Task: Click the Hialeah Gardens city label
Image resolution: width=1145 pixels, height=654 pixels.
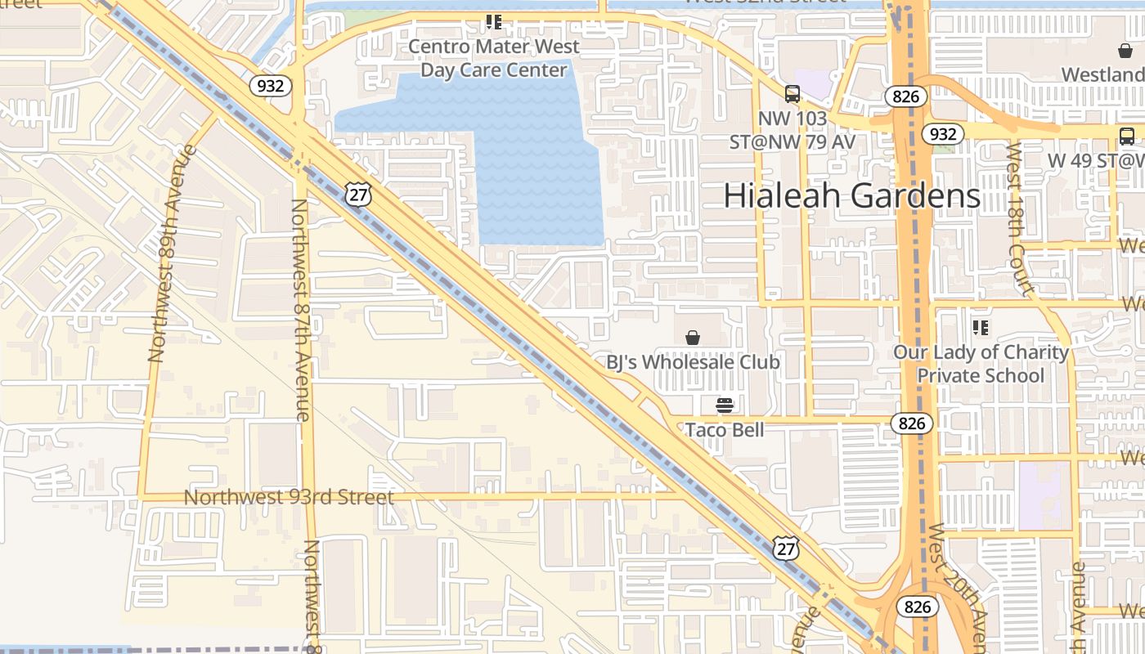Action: click(x=851, y=196)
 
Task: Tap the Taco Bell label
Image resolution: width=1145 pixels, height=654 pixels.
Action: click(x=725, y=429)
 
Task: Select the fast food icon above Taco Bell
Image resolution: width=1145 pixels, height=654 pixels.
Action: click(x=725, y=405)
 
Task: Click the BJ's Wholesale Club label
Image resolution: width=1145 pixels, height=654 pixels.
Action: click(x=693, y=361)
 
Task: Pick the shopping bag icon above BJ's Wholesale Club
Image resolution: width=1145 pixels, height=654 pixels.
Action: click(x=693, y=337)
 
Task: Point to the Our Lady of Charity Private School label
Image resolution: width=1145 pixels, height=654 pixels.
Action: click(x=981, y=364)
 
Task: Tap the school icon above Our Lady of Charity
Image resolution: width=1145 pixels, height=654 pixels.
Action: click(x=981, y=328)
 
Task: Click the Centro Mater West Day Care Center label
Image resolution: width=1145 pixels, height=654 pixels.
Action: click(x=494, y=58)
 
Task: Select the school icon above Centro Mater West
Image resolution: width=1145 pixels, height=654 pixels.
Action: click(x=494, y=22)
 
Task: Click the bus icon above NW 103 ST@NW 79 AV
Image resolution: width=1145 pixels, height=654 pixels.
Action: click(x=792, y=94)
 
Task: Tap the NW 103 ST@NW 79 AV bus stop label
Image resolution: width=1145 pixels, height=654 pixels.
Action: click(x=792, y=130)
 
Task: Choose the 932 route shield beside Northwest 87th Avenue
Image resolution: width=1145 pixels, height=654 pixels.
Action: click(x=271, y=85)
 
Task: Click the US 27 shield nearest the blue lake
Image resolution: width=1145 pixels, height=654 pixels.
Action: click(x=358, y=194)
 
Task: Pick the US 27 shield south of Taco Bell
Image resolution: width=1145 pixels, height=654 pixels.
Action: click(x=786, y=548)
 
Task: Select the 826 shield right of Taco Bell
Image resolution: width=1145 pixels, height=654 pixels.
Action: click(x=911, y=423)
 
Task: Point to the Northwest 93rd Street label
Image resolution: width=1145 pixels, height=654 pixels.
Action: click(x=289, y=497)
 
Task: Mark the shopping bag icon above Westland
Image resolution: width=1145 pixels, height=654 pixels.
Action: click(x=1125, y=51)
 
